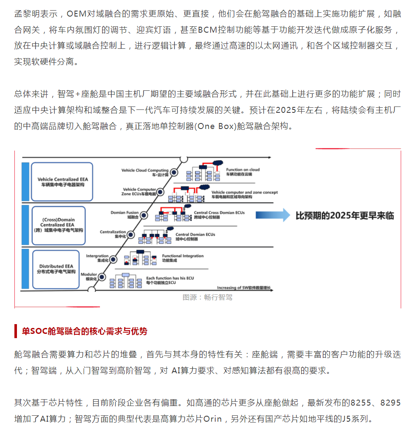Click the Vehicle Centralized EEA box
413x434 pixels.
coord(59,182)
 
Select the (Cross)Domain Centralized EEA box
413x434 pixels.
coord(58,225)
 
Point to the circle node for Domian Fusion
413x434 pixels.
coord(144,215)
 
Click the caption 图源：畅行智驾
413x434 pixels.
coord(208,297)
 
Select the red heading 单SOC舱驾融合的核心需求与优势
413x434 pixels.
coord(85,331)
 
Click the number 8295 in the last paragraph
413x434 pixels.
coord(390,403)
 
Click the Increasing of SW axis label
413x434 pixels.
coord(244,288)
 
